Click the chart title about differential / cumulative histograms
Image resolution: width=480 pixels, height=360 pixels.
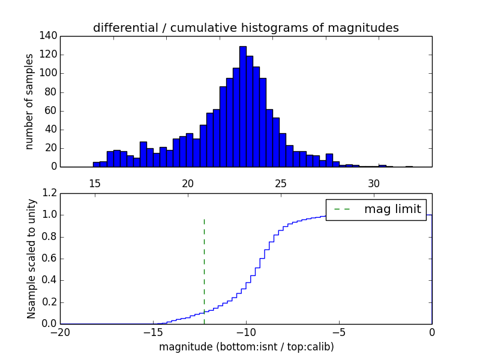[245, 28]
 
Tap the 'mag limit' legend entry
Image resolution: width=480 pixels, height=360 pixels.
[376, 209]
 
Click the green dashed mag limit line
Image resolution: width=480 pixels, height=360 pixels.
[204, 264]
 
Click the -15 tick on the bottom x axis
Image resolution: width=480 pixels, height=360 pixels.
[153, 332]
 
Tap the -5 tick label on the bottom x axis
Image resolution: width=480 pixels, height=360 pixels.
[339, 332]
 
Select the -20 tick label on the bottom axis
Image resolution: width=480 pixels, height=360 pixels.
[60, 332]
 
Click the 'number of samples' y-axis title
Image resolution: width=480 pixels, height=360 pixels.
[29, 101]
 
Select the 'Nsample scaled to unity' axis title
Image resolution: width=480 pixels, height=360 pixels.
[31, 259]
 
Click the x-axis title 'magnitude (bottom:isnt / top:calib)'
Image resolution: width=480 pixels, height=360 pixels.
[246, 347]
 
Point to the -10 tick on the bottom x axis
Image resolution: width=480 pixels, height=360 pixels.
[246, 332]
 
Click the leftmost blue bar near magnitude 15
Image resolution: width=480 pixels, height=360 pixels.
[96, 164]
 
